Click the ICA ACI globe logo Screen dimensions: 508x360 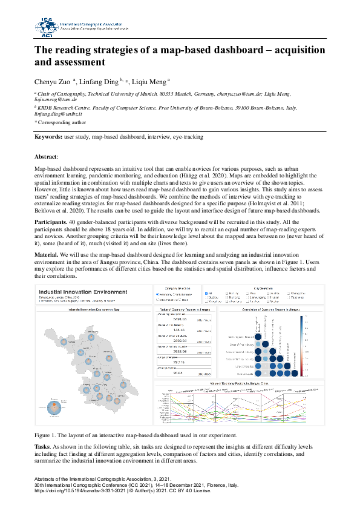[x=47, y=28]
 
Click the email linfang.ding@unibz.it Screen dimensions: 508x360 [x=59, y=113]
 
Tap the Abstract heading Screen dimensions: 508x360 [x=47, y=157]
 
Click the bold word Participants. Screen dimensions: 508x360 [x=51, y=223]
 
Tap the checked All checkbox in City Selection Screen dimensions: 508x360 [x=208, y=293]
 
